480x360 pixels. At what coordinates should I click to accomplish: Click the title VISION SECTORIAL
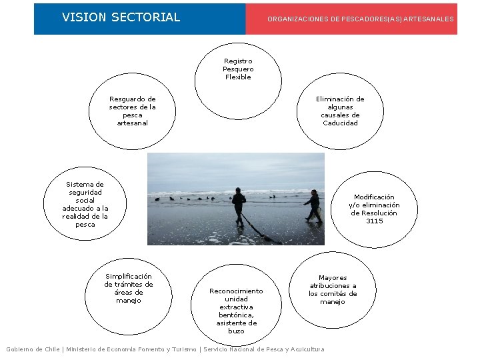(x=121, y=17)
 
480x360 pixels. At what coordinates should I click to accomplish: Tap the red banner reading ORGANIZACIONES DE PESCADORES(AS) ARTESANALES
(x=360, y=19)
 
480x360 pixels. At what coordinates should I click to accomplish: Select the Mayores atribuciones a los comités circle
(x=332, y=289)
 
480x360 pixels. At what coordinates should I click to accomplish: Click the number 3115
(x=374, y=221)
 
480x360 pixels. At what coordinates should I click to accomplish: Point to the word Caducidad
(x=340, y=123)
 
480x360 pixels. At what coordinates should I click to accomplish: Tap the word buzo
(x=236, y=331)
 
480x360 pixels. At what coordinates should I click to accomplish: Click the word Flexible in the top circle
(x=238, y=77)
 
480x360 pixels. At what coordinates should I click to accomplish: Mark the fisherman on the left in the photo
(x=238, y=205)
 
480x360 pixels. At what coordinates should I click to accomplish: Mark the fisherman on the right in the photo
(x=313, y=206)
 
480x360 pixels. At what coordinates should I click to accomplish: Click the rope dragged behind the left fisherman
(x=257, y=230)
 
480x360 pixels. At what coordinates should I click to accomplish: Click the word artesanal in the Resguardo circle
(x=133, y=123)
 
